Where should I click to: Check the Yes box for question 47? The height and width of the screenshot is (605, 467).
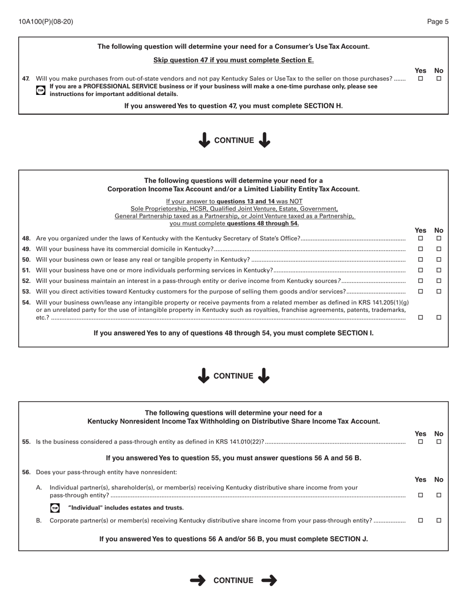click(420, 78)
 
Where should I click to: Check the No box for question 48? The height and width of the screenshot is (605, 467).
click(439, 239)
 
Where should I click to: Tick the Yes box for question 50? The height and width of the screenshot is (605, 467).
click(420, 260)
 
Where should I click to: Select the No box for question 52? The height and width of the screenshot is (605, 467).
click(439, 281)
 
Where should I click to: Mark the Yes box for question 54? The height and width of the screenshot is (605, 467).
click(420, 318)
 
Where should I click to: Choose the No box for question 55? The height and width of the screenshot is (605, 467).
click(439, 442)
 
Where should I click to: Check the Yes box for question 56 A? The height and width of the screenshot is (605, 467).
click(420, 495)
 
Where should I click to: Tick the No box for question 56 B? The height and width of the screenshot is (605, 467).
click(439, 520)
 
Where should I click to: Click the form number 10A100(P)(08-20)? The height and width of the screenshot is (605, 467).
click(46, 22)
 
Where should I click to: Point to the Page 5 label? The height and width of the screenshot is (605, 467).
click(438, 22)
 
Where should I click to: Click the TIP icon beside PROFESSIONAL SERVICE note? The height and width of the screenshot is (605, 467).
click(41, 91)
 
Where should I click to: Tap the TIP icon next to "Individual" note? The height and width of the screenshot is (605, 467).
click(55, 508)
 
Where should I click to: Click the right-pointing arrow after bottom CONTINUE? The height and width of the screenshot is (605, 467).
click(269, 580)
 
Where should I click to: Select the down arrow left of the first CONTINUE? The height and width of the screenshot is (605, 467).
click(204, 140)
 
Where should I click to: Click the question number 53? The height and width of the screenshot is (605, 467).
click(27, 292)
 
